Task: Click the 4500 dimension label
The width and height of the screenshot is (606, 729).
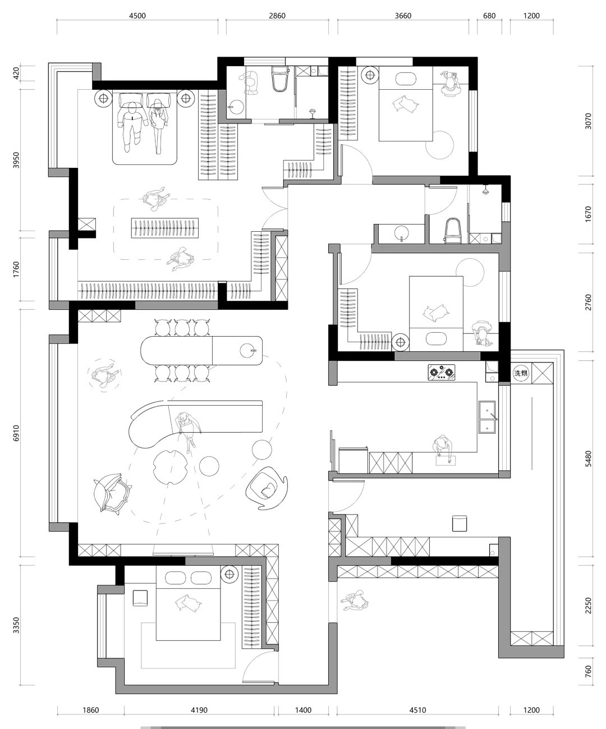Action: pyautogui.click(x=137, y=16)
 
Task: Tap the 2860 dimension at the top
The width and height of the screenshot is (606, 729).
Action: pyautogui.click(x=277, y=16)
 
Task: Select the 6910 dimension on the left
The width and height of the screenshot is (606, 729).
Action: pyautogui.click(x=16, y=433)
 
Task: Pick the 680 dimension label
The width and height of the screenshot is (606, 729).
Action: pyautogui.click(x=489, y=16)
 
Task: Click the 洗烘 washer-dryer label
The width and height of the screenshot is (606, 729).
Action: pyautogui.click(x=521, y=373)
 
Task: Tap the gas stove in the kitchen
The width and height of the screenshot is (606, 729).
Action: pyautogui.click(x=442, y=372)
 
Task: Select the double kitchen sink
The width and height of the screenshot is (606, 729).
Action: pyautogui.click(x=487, y=417)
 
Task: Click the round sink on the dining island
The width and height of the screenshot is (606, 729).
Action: pyautogui.click(x=248, y=351)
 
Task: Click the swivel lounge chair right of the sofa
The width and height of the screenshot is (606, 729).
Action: pyautogui.click(x=267, y=488)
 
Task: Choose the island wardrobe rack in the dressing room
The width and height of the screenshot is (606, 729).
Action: pyautogui.click(x=165, y=228)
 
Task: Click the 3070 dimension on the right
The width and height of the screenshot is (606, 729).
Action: pyautogui.click(x=589, y=121)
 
